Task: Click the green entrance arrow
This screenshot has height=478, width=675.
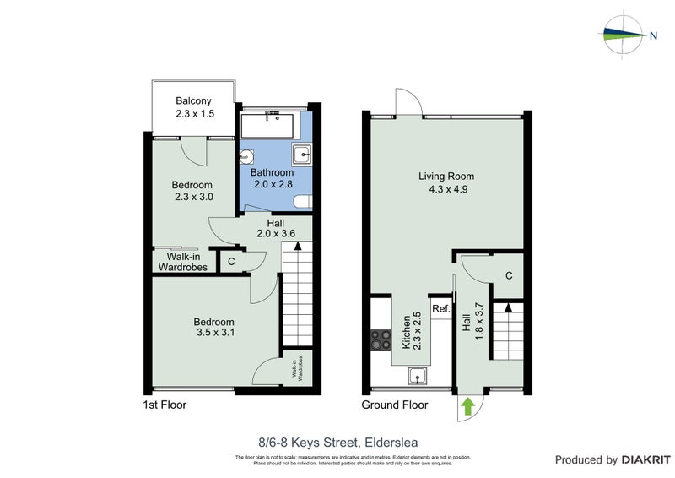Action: point(468,408)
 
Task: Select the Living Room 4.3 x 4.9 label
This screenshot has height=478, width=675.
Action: point(446,182)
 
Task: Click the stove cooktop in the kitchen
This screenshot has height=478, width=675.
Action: point(381,339)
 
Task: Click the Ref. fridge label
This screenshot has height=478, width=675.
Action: point(440,309)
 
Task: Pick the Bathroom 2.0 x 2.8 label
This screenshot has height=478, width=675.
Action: point(273,178)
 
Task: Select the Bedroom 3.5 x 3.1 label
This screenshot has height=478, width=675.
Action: point(213,327)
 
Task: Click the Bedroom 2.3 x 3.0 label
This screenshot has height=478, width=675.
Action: point(192,191)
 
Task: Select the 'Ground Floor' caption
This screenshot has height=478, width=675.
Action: point(394,405)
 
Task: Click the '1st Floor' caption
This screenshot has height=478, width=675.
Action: point(165,405)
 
